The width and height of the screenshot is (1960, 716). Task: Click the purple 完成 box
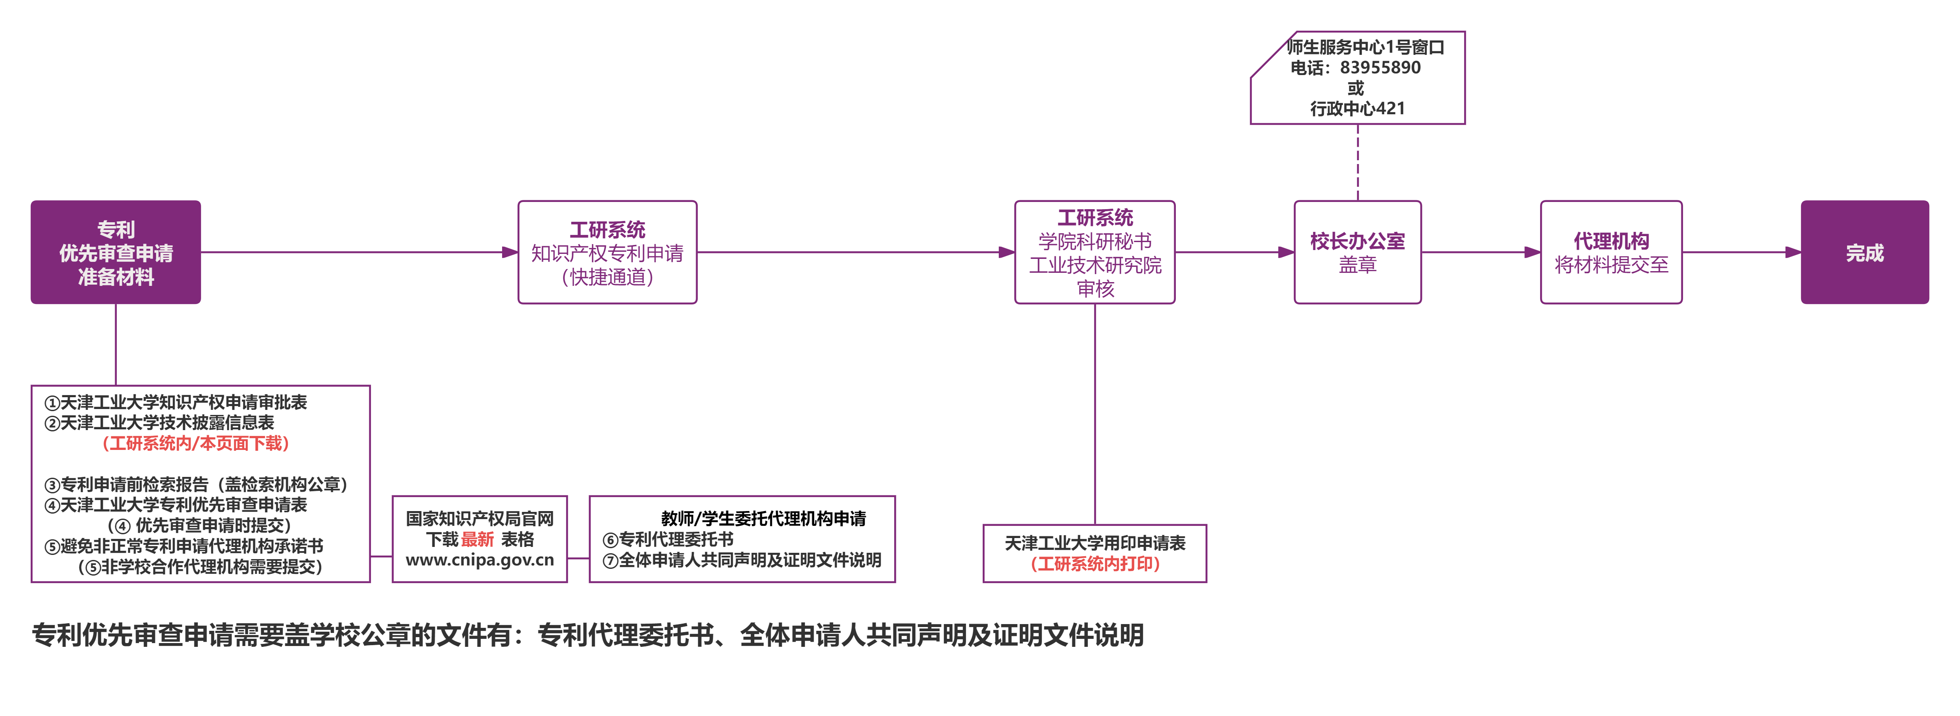[1864, 253]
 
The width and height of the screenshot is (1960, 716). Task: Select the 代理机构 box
[1611, 253]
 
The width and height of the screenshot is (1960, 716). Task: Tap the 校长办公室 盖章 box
[1358, 253]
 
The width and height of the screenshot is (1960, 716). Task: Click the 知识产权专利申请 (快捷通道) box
[607, 253]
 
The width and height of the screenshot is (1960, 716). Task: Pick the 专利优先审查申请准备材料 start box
[116, 253]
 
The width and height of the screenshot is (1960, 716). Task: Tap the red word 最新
[477, 539]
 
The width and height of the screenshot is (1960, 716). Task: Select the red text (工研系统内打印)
[1095, 564]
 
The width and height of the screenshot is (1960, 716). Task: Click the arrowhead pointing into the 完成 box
[1793, 253]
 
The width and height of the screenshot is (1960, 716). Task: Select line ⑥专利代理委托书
[668, 539]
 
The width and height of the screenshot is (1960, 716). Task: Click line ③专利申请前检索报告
[196, 484]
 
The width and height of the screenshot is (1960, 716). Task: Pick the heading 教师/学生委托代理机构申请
[763, 519]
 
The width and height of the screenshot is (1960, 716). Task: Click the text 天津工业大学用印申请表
[1095, 543]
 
